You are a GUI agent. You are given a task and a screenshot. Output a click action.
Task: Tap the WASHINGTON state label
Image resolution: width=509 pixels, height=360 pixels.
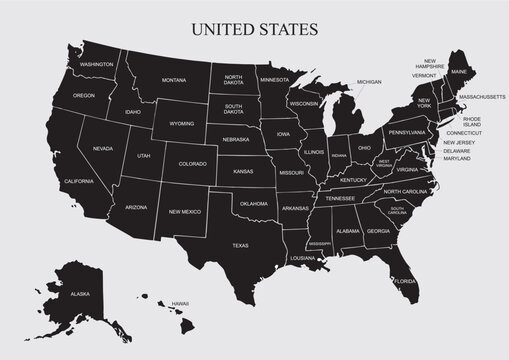(x=97, y=64)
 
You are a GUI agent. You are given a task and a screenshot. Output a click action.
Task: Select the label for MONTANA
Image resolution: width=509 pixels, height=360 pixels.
(x=174, y=80)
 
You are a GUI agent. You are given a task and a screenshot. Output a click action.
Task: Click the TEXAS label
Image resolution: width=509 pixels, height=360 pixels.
(x=240, y=245)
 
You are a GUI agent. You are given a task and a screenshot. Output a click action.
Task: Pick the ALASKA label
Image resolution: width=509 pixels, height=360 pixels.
(x=79, y=295)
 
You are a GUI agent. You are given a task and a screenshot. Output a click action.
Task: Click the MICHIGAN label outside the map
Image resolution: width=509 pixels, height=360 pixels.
(x=369, y=82)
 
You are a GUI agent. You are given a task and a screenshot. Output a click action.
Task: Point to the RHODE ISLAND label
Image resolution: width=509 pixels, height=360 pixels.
(x=472, y=120)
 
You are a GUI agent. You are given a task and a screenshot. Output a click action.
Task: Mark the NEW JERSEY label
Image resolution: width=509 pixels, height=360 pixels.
(x=459, y=141)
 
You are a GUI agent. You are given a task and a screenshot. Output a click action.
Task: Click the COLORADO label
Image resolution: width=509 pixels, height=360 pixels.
(x=191, y=163)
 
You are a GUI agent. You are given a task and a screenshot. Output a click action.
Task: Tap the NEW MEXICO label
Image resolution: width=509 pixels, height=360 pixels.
(x=185, y=212)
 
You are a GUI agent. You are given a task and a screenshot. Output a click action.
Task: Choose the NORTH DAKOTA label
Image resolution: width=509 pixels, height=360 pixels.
(x=234, y=81)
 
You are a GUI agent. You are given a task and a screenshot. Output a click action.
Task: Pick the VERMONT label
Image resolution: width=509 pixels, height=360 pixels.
(x=424, y=75)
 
